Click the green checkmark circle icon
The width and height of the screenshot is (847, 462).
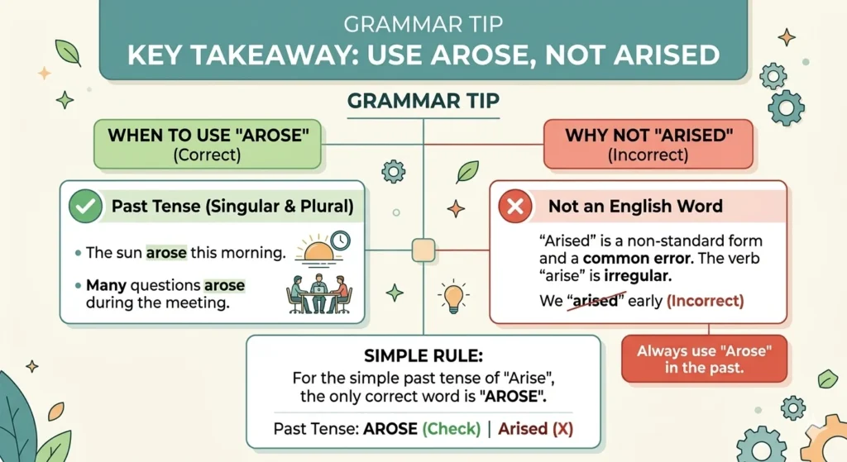point(85,206)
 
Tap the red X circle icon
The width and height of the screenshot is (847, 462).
point(514,206)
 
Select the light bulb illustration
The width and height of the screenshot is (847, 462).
point(453,297)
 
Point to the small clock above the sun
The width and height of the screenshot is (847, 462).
point(340,241)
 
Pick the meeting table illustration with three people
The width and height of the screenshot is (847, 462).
point(318,293)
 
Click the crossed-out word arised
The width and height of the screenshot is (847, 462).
point(596,300)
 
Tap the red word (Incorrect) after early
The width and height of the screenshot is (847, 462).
point(705,301)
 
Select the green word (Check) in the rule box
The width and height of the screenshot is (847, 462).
point(451,429)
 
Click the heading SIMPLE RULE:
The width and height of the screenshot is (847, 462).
point(423,355)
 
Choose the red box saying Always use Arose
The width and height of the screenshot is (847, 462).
point(705,359)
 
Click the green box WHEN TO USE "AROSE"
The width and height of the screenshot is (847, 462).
point(208,144)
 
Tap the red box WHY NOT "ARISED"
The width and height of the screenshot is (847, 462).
point(648,144)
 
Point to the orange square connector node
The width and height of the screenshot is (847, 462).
point(423,250)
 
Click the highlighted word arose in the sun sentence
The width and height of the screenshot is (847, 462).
point(166,253)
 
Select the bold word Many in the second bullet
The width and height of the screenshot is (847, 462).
point(106,285)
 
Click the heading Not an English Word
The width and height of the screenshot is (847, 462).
point(635,206)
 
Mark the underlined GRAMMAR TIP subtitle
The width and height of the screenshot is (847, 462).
point(423,101)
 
